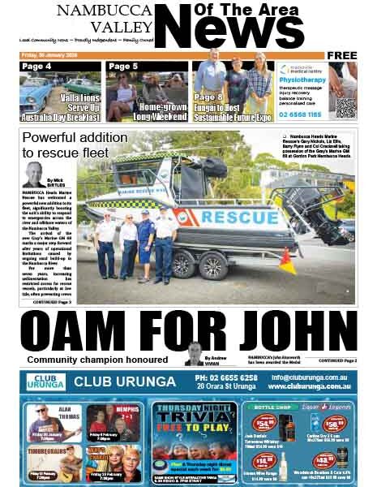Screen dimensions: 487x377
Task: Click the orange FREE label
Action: click(x=343, y=55)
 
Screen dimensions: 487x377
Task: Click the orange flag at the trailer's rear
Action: click(x=311, y=261)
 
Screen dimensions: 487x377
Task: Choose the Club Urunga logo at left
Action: click(x=43, y=381)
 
